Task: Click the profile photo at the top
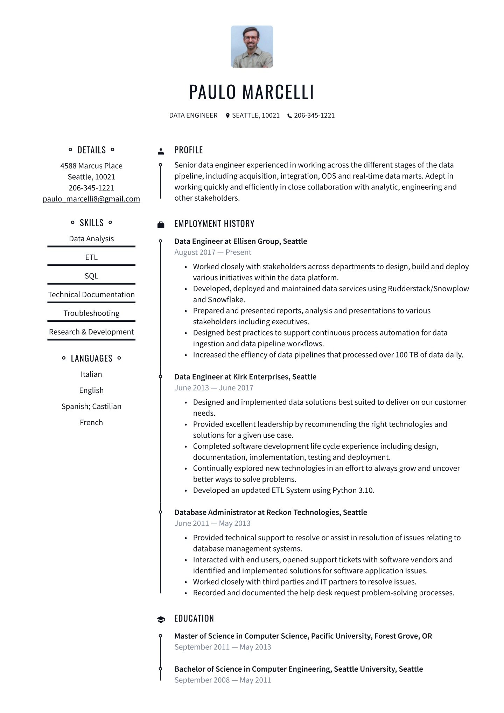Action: pyautogui.click(x=252, y=46)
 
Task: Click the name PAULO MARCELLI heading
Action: pyautogui.click(x=251, y=92)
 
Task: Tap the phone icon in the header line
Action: pyautogui.click(x=289, y=116)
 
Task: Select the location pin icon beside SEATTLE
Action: pyautogui.click(x=228, y=116)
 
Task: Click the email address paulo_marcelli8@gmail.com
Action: pyautogui.click(x=91, y=199)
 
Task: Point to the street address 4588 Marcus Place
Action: pyautogui.click(x=91, y=166)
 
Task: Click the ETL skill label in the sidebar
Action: pyautogui.click(x=91, y=257)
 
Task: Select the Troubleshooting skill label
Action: pyautogui.click(x=91, y=313)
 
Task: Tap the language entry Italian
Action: pyautogui.click(x=91, y=374)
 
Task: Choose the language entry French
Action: pyautogui.click(x=91, y=422)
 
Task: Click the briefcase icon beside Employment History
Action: pyautogui.click(x=161, y=225)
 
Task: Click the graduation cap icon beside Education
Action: pyautogui.click(x=161, y=619)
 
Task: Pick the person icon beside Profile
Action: pyautogui.click(x=161, y=151)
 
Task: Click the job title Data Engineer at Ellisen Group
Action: pyautogui.click(x=240, y=241)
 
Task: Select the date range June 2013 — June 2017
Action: pyautogui.click(x=214, y=388)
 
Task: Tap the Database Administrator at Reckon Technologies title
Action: pyautogui.click(x=271, y=512)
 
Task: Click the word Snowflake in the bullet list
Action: pyautogui.click(x=226, y=300)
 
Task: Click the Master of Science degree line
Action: pyautogui.click(x=303, y=636)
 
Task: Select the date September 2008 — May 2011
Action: pyautogui.click(x=223, y=680)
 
